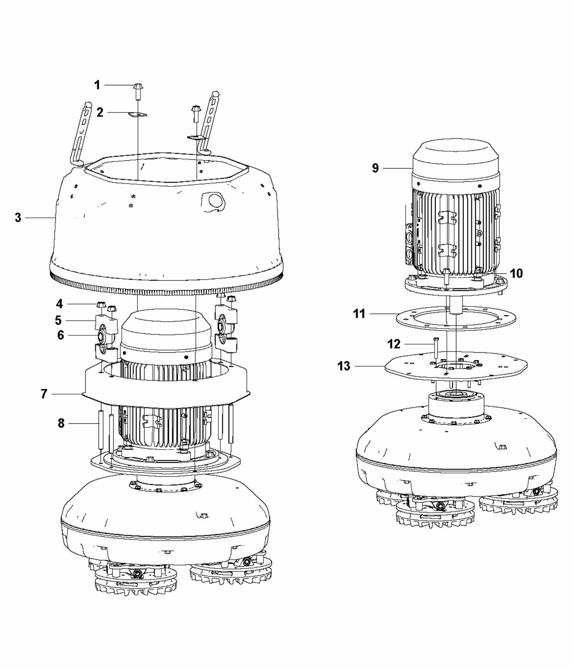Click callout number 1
(x=97, y=85)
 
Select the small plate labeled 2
(x=137, y=115)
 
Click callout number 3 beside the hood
(x=18, y=217)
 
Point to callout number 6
(x=60, y=335)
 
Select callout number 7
(x=44, y=394)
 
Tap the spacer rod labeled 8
(x=100, y=429)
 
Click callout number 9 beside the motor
(x=375, y=168)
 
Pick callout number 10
(x=516, y=273)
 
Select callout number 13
(x=344, y=365)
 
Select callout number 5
(x=58, y=320)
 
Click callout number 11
(x=359, y=314)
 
